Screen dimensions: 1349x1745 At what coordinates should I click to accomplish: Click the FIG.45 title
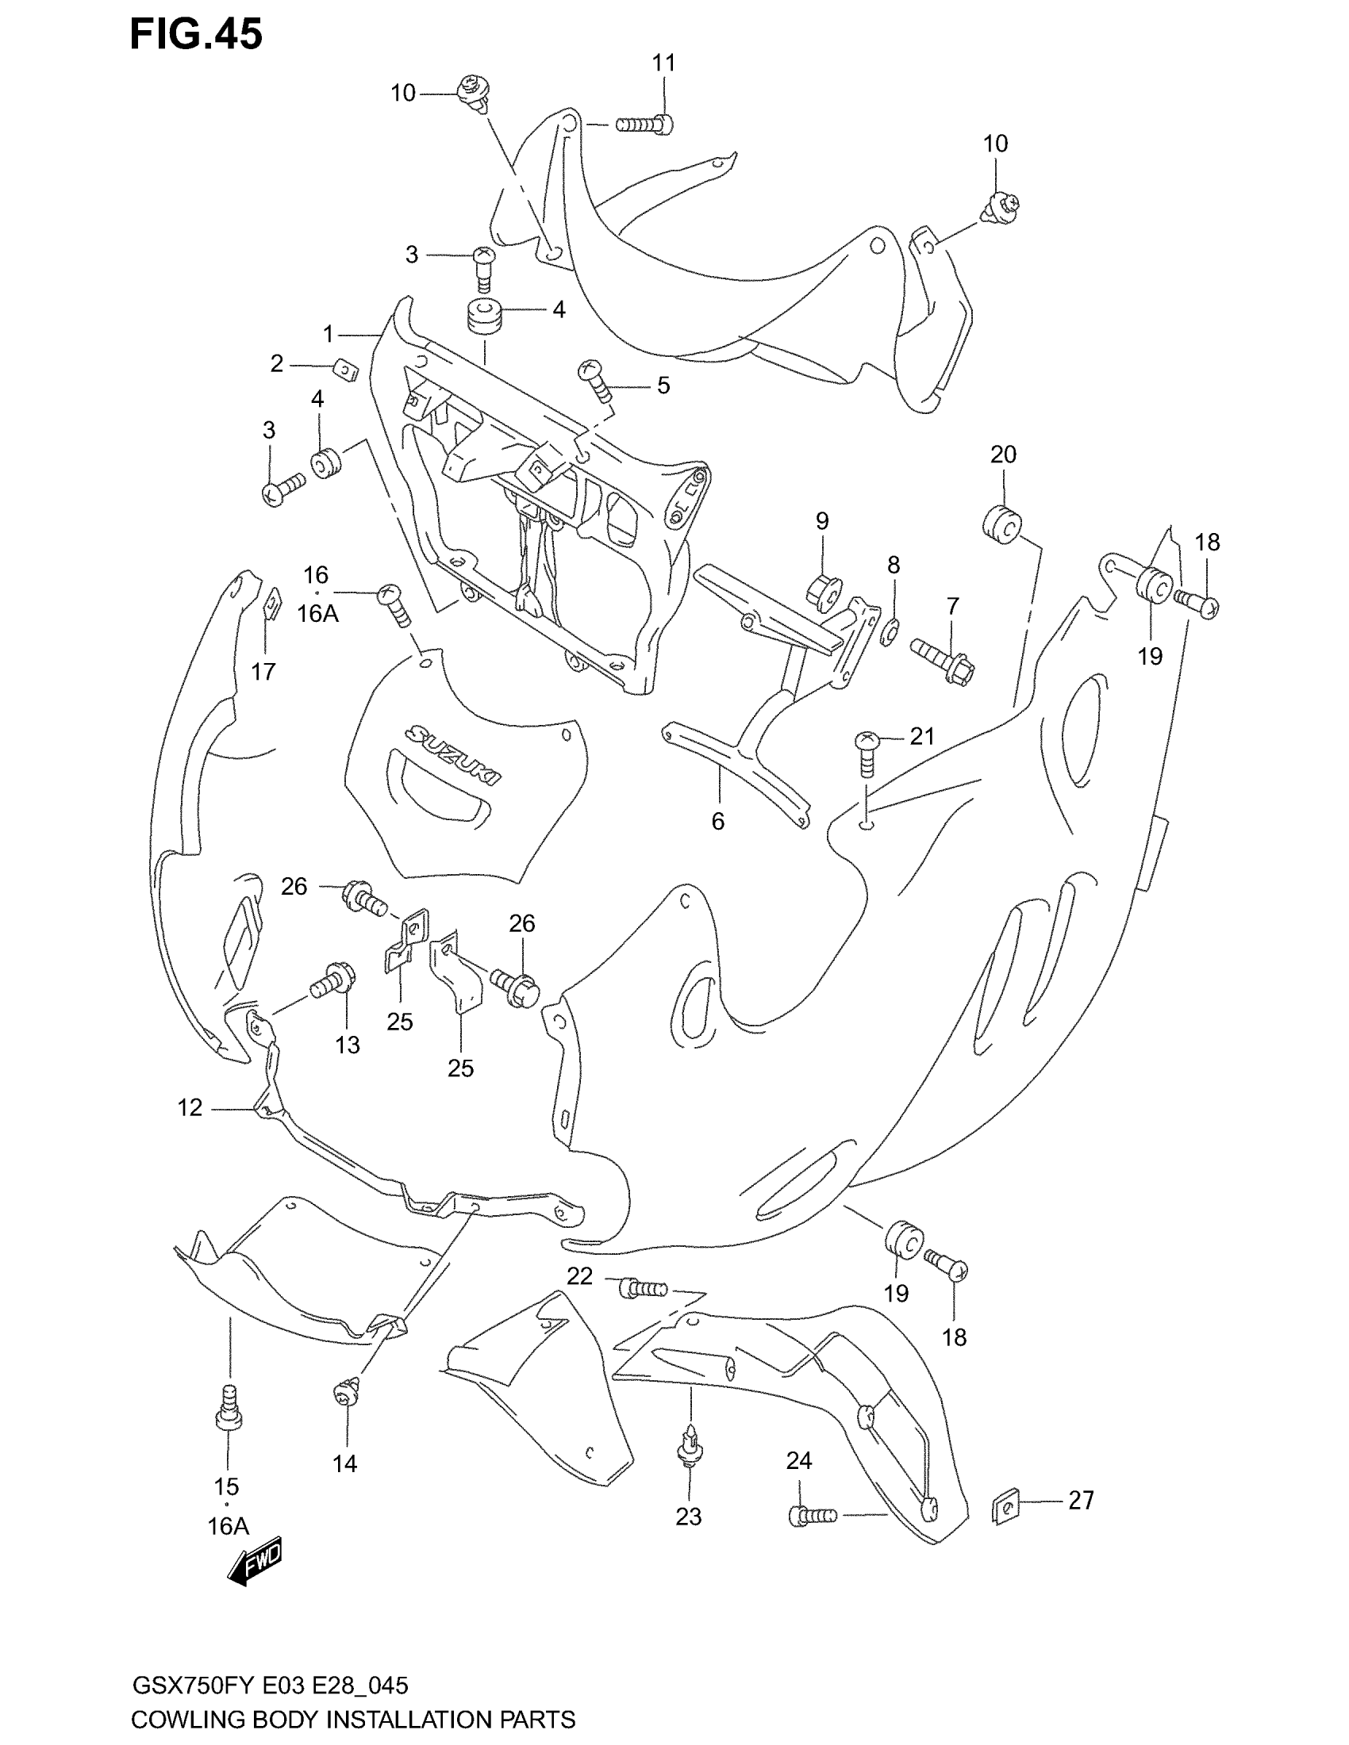point(196,35)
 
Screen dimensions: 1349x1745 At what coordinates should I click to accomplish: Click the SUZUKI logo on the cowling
point(452,754)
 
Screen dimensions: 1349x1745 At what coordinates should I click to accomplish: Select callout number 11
point(663,63)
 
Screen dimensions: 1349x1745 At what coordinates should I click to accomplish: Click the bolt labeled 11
point(645,125)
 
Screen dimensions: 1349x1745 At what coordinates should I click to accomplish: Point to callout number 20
point(1003,454)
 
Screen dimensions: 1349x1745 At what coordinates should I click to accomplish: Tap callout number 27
point(1081,1501)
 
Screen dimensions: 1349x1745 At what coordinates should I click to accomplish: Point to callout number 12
point(190,1107)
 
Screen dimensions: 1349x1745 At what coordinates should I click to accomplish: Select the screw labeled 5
point(595,379)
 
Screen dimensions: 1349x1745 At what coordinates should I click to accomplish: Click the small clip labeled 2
point(345,370)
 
